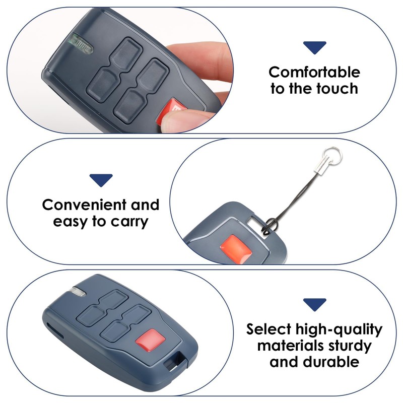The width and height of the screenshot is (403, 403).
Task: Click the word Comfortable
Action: coord(314,72)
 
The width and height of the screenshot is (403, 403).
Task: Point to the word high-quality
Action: coord(340,330)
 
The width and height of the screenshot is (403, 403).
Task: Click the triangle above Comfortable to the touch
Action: coord(314,48)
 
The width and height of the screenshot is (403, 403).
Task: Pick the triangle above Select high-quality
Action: coord(314,304)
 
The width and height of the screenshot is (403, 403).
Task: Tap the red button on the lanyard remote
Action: coord(234,244)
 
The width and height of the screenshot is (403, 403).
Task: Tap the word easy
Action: coord(70,222)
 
